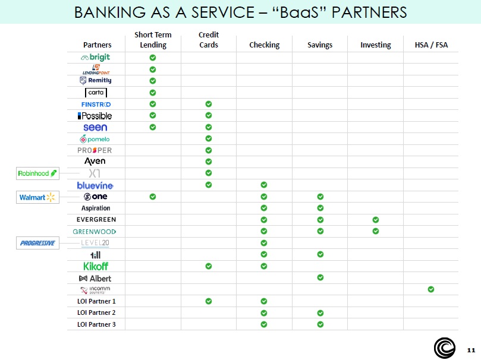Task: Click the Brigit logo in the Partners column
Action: coord(96,58)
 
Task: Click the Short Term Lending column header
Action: coord(153,40)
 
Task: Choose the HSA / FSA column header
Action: coord(431,45)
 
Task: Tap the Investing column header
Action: coord(376,45)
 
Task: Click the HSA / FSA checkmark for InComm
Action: coord(431,289)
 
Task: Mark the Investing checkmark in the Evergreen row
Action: coord(376,220)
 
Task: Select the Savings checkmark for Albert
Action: coord(320,277)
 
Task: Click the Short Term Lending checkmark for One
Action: coord(153,197)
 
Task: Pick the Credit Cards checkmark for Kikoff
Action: coord(209,266)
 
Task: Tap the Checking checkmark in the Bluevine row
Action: coord(264,185)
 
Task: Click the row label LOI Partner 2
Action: coord(96,312)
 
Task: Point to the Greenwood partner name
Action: coord(95,231)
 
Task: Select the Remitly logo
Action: coord(96,81)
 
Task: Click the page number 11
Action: coord(471,349)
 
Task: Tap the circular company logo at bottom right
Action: coord(444,348)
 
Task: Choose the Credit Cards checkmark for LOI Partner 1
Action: coord(209,301)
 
